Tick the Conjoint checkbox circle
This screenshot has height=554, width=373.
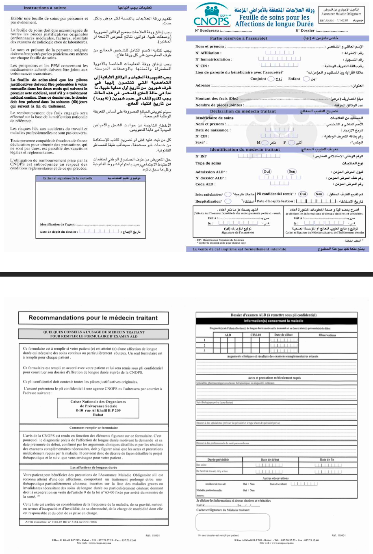tap(271, 79)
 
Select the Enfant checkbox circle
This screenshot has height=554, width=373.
tap(306, 79)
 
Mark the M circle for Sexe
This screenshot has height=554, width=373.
tap(265, 143)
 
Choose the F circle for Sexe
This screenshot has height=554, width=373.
tap(291, 143)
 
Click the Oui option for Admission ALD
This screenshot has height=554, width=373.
tap(267, 171)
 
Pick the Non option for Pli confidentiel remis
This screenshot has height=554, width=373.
tap(319, 194)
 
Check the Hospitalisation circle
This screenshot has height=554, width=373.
tap(228, 201)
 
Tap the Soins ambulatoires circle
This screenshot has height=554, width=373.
tap(228, 195)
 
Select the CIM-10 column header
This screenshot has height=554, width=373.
tap(256, 335)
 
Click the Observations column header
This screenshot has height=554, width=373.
tap(327, 335)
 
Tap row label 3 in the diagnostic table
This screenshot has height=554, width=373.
tap(204, 351)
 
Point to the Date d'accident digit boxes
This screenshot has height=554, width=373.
tap(304, 484)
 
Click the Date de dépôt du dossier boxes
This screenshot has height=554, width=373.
tap(99, 232)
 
